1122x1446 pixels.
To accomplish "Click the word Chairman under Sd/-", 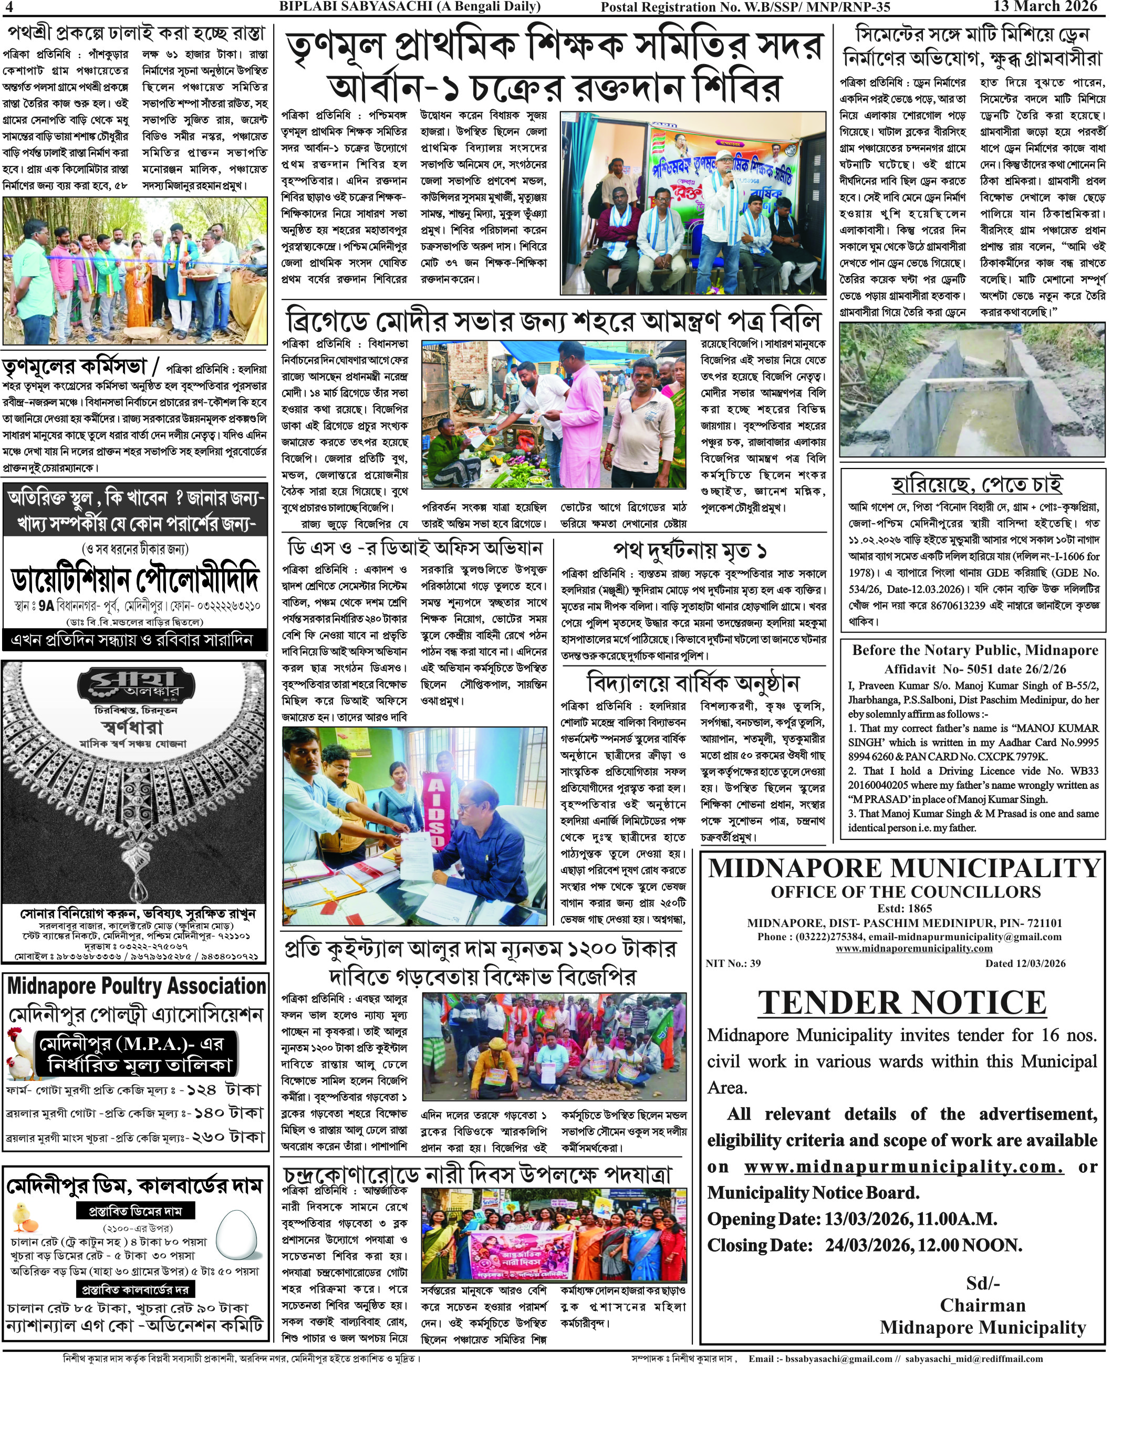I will tap(982, 1305).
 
